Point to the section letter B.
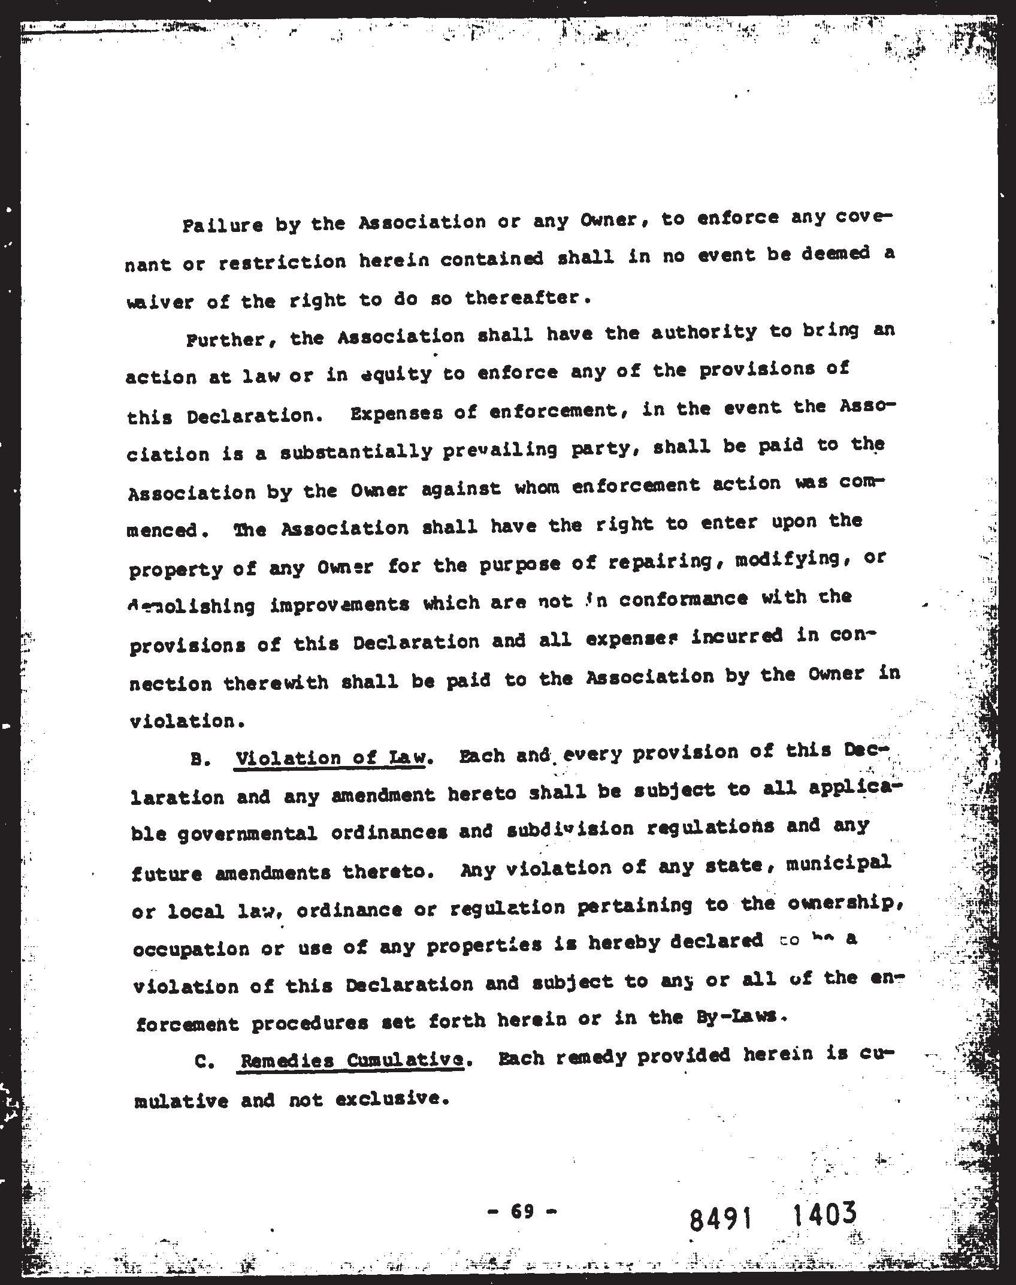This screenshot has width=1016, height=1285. click(x=198, y=760)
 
